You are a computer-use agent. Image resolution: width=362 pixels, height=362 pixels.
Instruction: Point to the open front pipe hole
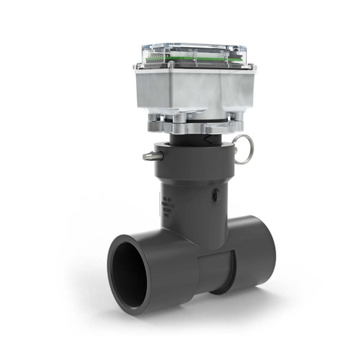tap(134, 271)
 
